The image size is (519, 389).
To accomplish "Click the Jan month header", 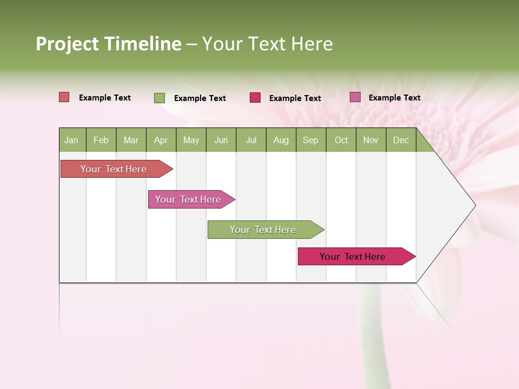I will (71, 140).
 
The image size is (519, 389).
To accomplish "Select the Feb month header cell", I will (101, 140).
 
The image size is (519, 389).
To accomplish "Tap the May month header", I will (191, 140).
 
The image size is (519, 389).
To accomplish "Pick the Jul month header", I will (251, 140).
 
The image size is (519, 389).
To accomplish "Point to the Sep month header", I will (310, 140).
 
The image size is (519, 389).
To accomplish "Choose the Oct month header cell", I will (341, 140).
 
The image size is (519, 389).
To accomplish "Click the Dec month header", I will (401, 140).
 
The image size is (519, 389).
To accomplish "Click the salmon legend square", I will (64, 97).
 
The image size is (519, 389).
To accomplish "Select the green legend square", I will (159, 98).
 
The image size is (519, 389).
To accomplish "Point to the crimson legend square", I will (255, 98).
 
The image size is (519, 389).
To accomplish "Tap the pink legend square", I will (355, 97).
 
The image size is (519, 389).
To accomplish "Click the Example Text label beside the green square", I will (199, 98).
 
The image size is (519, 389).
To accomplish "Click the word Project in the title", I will (68, 44).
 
